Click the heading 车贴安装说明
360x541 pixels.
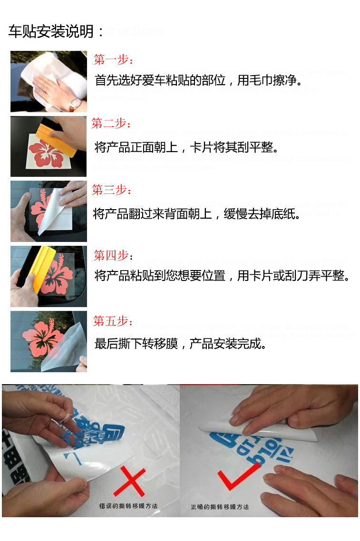pyautogui.click(x=56, y=32)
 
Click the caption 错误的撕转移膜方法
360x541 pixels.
pyautogui.click(x=128, y=506)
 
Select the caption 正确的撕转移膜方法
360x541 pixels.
pyautogui.click(x=220, y=507)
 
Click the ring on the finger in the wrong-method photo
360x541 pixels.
pyautogui.click(x=50, y=424)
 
